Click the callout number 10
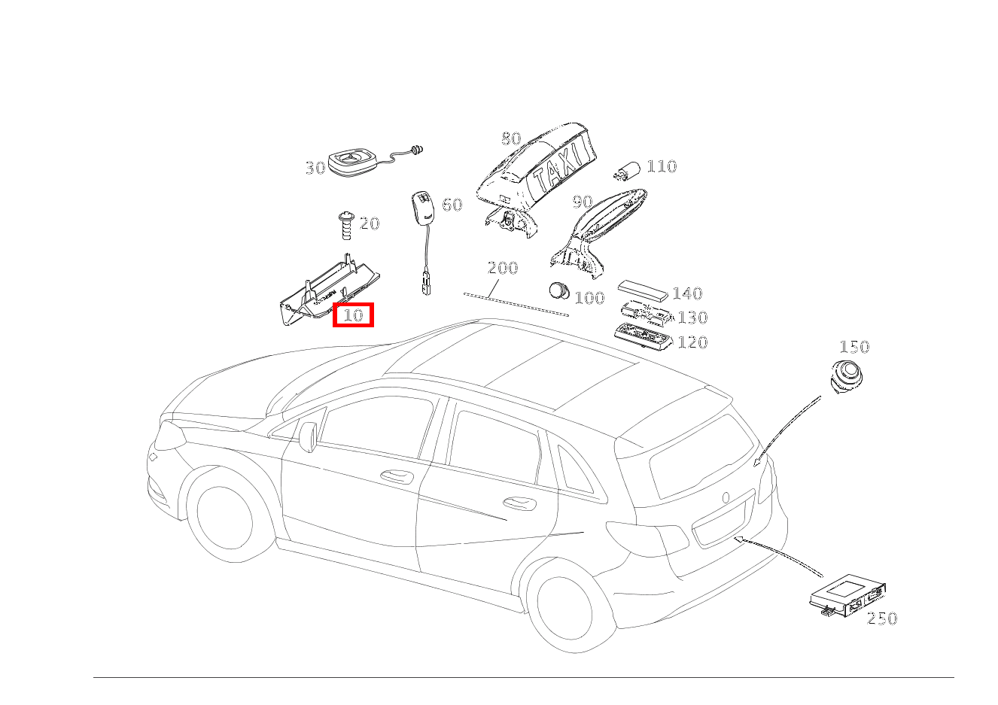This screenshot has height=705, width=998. point(353,315)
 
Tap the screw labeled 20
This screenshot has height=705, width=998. point(345,225)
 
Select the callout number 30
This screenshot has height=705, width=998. point(315,168)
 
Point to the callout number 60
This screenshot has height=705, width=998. point(452,205)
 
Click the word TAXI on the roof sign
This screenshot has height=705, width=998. point(561,167)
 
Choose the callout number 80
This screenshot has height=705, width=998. point(511,138)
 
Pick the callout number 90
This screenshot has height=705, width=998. point(583,202)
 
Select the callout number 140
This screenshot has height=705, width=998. point(686,293)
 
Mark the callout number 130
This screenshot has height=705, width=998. point(692,318)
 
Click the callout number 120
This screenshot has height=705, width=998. point(692,342)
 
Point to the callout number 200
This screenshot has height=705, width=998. point(502,268)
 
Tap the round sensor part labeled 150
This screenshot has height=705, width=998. point(847,376)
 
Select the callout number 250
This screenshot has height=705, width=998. point(882,618)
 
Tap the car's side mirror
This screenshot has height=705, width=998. point(308,437)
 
